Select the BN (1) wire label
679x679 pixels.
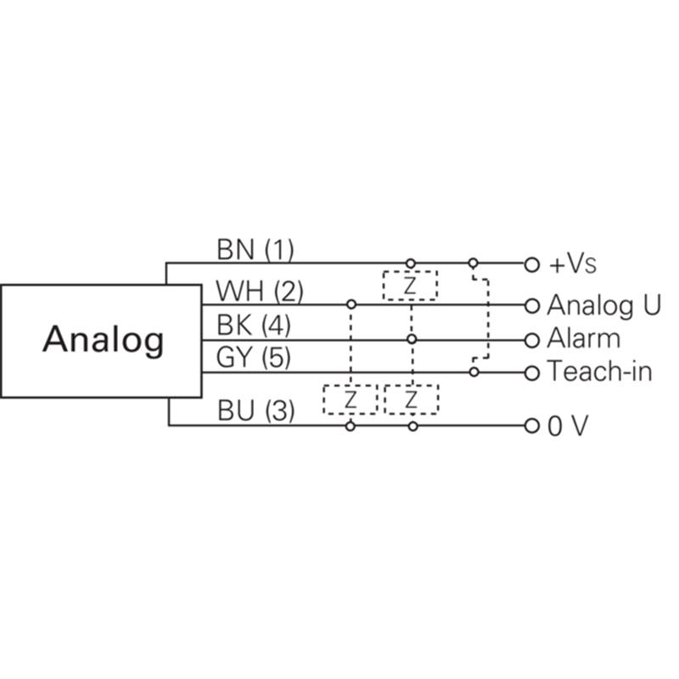(255, 250)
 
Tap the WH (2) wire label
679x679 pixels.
(260, 291)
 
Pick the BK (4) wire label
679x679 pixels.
(253, 325)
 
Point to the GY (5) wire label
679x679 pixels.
(253, 357)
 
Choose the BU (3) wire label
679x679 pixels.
(256, 411)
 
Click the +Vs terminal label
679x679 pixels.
(572, 264)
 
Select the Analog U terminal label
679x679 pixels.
(603, 306)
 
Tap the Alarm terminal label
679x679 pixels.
(583, 338)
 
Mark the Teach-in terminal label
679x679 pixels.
(600, 371)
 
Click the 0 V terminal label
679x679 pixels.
(568, 426)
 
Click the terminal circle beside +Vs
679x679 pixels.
(532, 265)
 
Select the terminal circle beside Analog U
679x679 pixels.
(532, 306)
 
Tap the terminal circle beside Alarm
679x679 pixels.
(532, 340)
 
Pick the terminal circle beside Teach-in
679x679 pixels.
(532, 373)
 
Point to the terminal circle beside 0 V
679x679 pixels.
(532, 426)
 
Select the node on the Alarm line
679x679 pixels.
(412, 339)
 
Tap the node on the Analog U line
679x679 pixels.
(351, 305)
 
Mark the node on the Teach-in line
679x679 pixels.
(474, 372)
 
